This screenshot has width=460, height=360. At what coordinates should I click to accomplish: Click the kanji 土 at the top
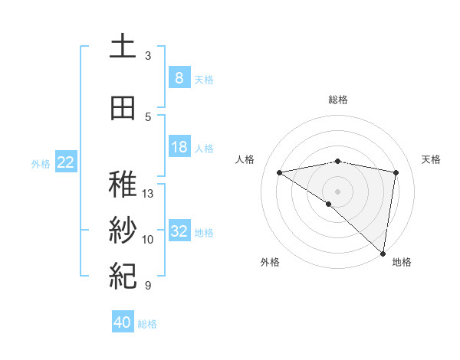coord(123,47)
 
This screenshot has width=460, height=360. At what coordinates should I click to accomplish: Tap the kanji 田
coord(123,108)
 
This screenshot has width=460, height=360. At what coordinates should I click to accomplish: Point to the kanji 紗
coord(123,231)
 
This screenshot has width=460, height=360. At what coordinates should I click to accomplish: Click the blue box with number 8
coord(179,77)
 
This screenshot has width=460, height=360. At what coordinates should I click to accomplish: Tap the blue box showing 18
coord(179,147)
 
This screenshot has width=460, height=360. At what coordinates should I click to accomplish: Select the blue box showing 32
coord(179,231)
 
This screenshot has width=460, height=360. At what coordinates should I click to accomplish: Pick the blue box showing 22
coord(66,162)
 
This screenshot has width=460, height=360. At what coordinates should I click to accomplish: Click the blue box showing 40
coord(123,322)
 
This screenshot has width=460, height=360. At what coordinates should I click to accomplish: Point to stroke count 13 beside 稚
coord(149,193)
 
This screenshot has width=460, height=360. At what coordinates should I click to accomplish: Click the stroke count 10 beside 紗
coord(149,240)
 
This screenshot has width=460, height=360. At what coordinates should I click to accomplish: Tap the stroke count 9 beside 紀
coord(148,286)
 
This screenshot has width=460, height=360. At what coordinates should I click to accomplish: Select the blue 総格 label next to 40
coord(148,324)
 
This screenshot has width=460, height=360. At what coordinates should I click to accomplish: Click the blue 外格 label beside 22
coord(41,163)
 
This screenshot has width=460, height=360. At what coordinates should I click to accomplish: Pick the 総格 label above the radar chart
coord(337,100)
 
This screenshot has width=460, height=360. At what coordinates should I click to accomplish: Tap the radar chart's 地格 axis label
coord(402,262)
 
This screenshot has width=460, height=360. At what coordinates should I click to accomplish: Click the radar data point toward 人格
coord(280,172)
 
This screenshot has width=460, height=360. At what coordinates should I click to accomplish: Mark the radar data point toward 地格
coord(383,254)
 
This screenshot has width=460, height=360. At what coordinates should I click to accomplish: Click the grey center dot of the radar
coord(337,190)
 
